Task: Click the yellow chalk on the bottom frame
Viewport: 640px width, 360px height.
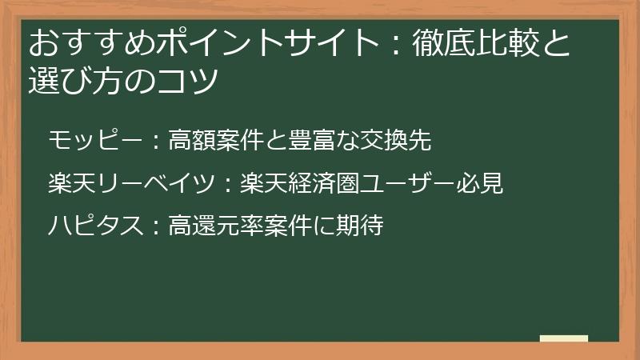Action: (564, 339)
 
